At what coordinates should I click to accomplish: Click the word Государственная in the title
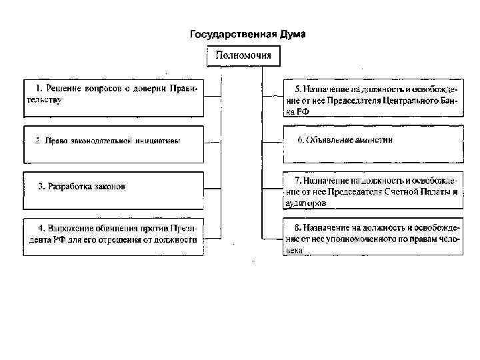[231, 35]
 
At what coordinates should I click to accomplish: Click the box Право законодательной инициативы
[114, 144]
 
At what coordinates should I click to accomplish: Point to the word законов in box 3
[107, 186]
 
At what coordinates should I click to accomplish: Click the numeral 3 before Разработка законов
[40, 186]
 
